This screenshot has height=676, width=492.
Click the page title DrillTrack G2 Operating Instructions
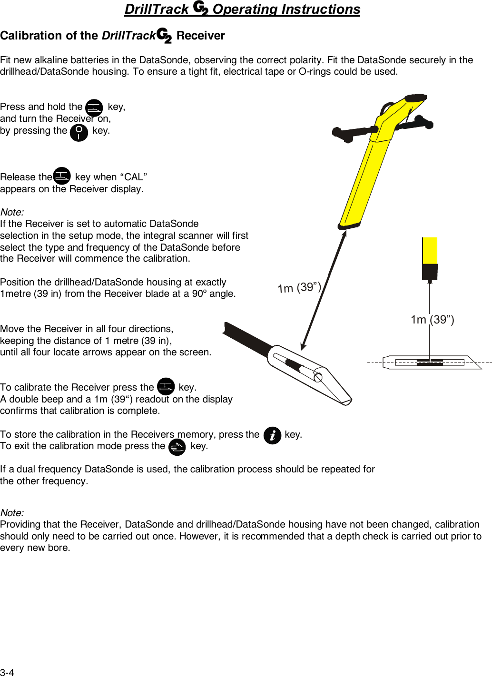coord(242,9)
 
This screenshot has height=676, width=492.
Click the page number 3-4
coord(7,672)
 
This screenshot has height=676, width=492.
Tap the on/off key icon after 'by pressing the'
coord(79,133)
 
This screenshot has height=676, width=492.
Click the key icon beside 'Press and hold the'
coord(94,108)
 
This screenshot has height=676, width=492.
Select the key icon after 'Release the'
coord(62,176)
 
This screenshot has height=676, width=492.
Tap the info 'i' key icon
coord(272,435)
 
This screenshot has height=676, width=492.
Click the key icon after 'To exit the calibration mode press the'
coord(177,447)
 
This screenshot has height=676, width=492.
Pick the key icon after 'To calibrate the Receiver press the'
coord(166,386)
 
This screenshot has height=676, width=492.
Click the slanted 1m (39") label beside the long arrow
coord(299,288)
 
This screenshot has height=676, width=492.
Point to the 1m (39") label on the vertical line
coord(432,319)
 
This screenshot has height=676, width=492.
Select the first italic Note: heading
coord(12,212)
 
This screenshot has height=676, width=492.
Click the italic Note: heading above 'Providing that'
coord(12,513)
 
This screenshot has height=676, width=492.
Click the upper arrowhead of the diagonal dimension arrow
coord(344,233)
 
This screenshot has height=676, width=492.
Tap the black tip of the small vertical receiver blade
coord(430,272)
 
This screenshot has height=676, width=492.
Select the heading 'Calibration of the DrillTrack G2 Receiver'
coord(112,36)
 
